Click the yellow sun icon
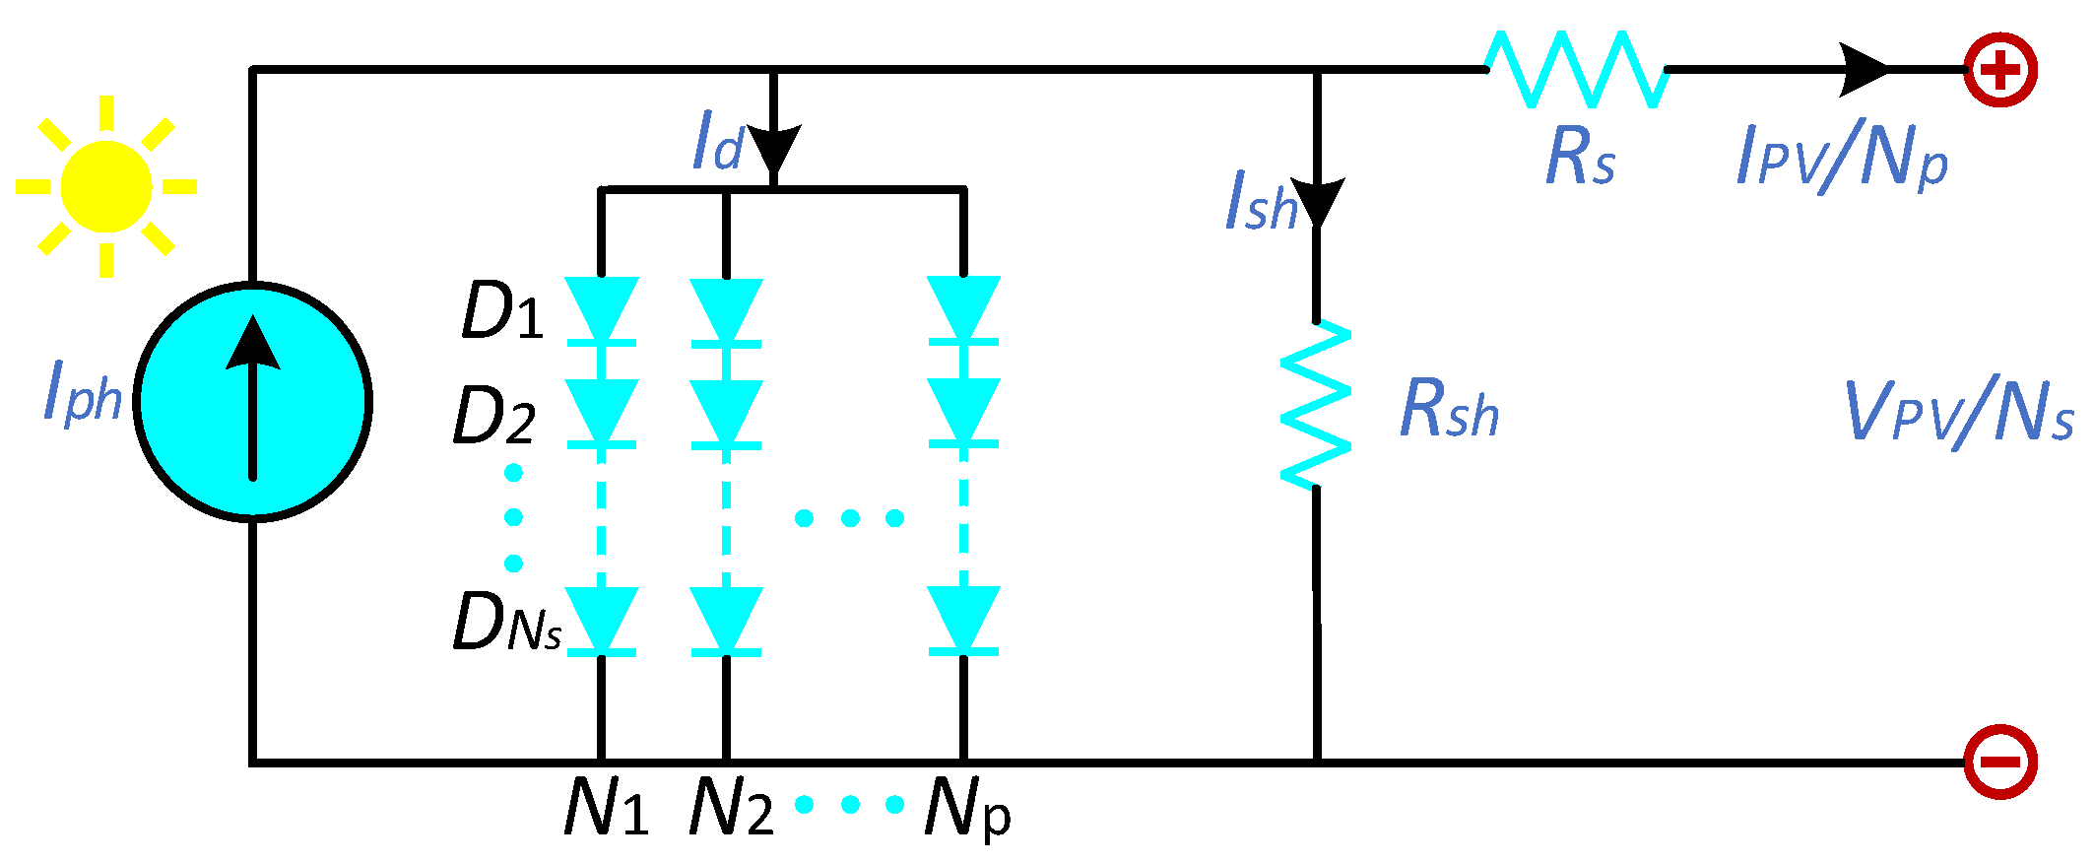pos(106,186)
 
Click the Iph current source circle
pos(253,401)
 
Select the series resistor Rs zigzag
pos(1576,69)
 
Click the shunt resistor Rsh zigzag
pos(1316,405)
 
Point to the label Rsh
pos(1449,410)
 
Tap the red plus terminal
pos(2000,70)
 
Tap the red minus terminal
pos(2000,762)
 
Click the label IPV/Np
pos(1842,158)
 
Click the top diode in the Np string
pos(963,310)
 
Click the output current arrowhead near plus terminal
pos(1865,70)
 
